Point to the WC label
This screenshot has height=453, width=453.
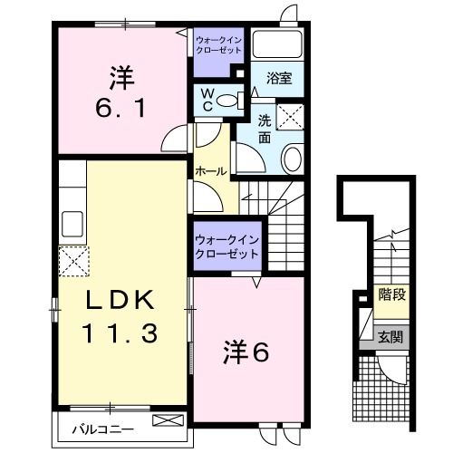[x=207, y=97]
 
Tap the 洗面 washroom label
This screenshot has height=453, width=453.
[x=265, y=130]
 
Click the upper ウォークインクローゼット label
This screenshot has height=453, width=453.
[x=217, y=43]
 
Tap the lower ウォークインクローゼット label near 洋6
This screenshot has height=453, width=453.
[x=226, y=246]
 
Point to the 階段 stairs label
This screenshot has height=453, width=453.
[x=391, y=295]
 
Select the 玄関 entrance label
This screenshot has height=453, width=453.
[x=391, y=337]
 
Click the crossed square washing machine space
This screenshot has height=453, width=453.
[x=292, y=116]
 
